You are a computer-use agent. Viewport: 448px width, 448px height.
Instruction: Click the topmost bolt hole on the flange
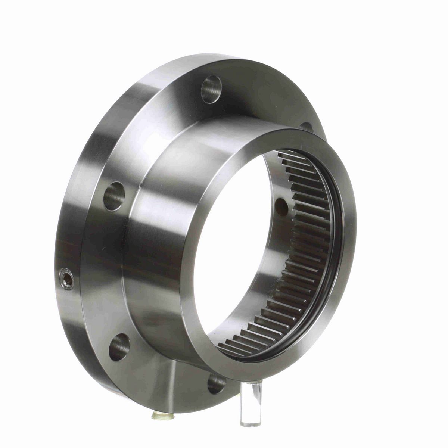point(211,89)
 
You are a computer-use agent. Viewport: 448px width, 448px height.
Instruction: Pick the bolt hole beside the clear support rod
point(217,383)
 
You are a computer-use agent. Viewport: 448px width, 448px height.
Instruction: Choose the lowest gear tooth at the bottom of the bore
point(228,349)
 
